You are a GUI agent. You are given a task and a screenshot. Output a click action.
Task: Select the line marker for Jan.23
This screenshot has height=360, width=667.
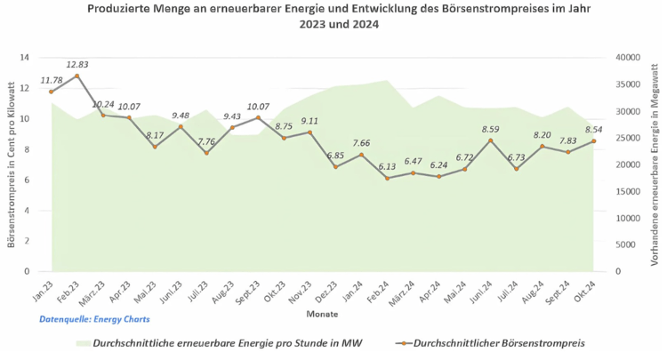[x=52, y=92]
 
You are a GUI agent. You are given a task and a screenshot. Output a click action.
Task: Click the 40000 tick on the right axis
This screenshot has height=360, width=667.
[x=628, y=58]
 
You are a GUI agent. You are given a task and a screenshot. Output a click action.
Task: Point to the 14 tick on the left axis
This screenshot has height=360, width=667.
[x=24, y=58]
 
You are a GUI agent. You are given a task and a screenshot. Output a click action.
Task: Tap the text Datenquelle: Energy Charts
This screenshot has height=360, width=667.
[x=94, y=318]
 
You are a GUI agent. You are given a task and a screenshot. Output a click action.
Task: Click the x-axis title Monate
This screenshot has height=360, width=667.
[x=322, y=315]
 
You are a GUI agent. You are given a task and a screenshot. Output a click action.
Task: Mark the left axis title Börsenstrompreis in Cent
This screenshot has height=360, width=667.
[x=11, y=164]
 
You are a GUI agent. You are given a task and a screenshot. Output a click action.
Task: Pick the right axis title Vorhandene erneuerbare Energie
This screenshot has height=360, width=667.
[x=656, y=164]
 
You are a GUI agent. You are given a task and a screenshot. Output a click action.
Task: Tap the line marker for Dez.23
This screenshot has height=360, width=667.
[x=335, y=167]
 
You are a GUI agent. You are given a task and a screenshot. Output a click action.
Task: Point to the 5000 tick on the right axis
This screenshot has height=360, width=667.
[x=625, y=244]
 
